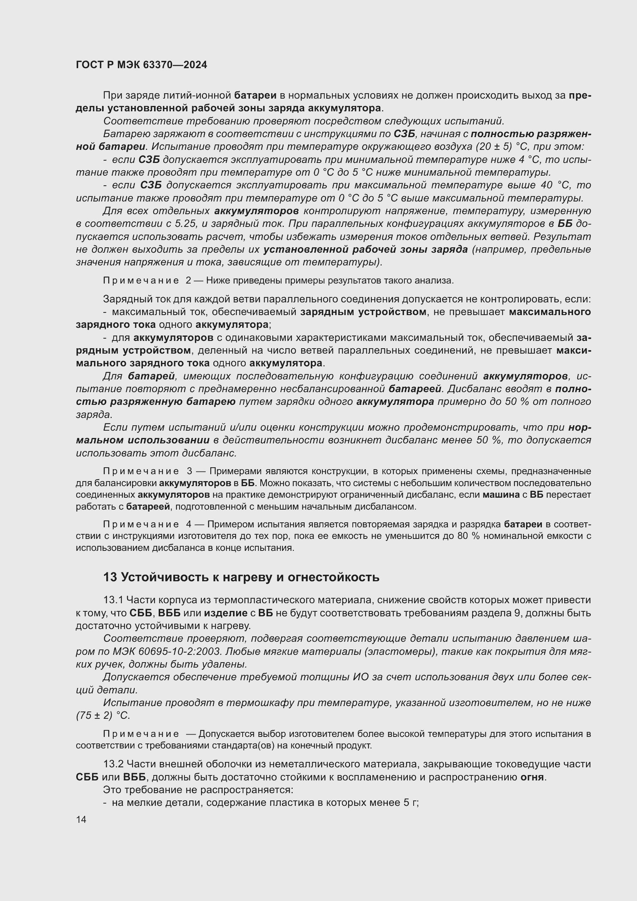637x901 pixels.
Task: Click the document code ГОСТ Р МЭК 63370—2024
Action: (141, 65)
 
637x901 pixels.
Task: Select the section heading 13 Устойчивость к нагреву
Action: (241, 577)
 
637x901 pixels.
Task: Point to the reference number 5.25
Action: (184, 224)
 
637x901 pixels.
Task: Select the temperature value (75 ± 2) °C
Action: (103, 715)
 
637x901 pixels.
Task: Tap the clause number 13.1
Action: (113, 600)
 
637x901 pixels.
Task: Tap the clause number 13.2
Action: (113, 764)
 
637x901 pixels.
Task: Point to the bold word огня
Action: (532, 777)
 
